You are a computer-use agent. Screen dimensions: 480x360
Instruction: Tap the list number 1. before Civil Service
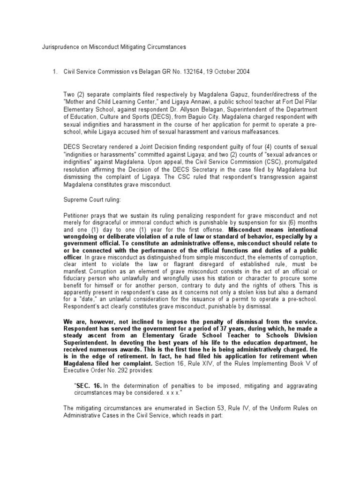tap(55, 72)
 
